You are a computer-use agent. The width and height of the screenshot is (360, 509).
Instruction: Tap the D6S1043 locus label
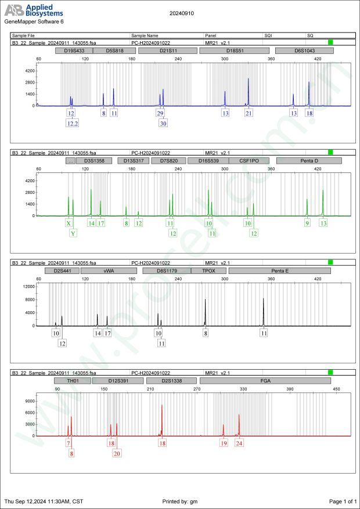(304, 51)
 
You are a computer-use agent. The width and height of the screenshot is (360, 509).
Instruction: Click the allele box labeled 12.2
(73, 123)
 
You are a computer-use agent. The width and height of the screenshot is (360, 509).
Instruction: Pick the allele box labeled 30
(163, 123)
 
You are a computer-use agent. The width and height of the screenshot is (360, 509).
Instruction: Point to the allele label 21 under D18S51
(249, 113)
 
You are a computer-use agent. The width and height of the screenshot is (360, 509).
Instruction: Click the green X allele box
(69, 223)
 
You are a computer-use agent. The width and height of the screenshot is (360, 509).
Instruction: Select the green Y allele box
(73, 233)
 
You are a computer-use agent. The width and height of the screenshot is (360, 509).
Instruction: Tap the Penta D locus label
(309, 161)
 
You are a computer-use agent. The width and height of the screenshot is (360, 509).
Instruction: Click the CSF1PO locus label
(249, 161)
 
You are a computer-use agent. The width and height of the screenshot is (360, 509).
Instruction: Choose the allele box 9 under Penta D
(307, 223)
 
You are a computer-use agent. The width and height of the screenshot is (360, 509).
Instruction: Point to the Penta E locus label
(279, 270)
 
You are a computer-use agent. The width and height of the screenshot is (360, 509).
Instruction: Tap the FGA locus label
(265, 381)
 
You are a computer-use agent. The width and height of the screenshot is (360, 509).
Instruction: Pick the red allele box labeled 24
(239, 443)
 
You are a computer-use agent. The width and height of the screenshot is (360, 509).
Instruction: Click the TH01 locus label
(73, 381)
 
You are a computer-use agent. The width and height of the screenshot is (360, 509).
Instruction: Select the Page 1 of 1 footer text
(343, 501)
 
